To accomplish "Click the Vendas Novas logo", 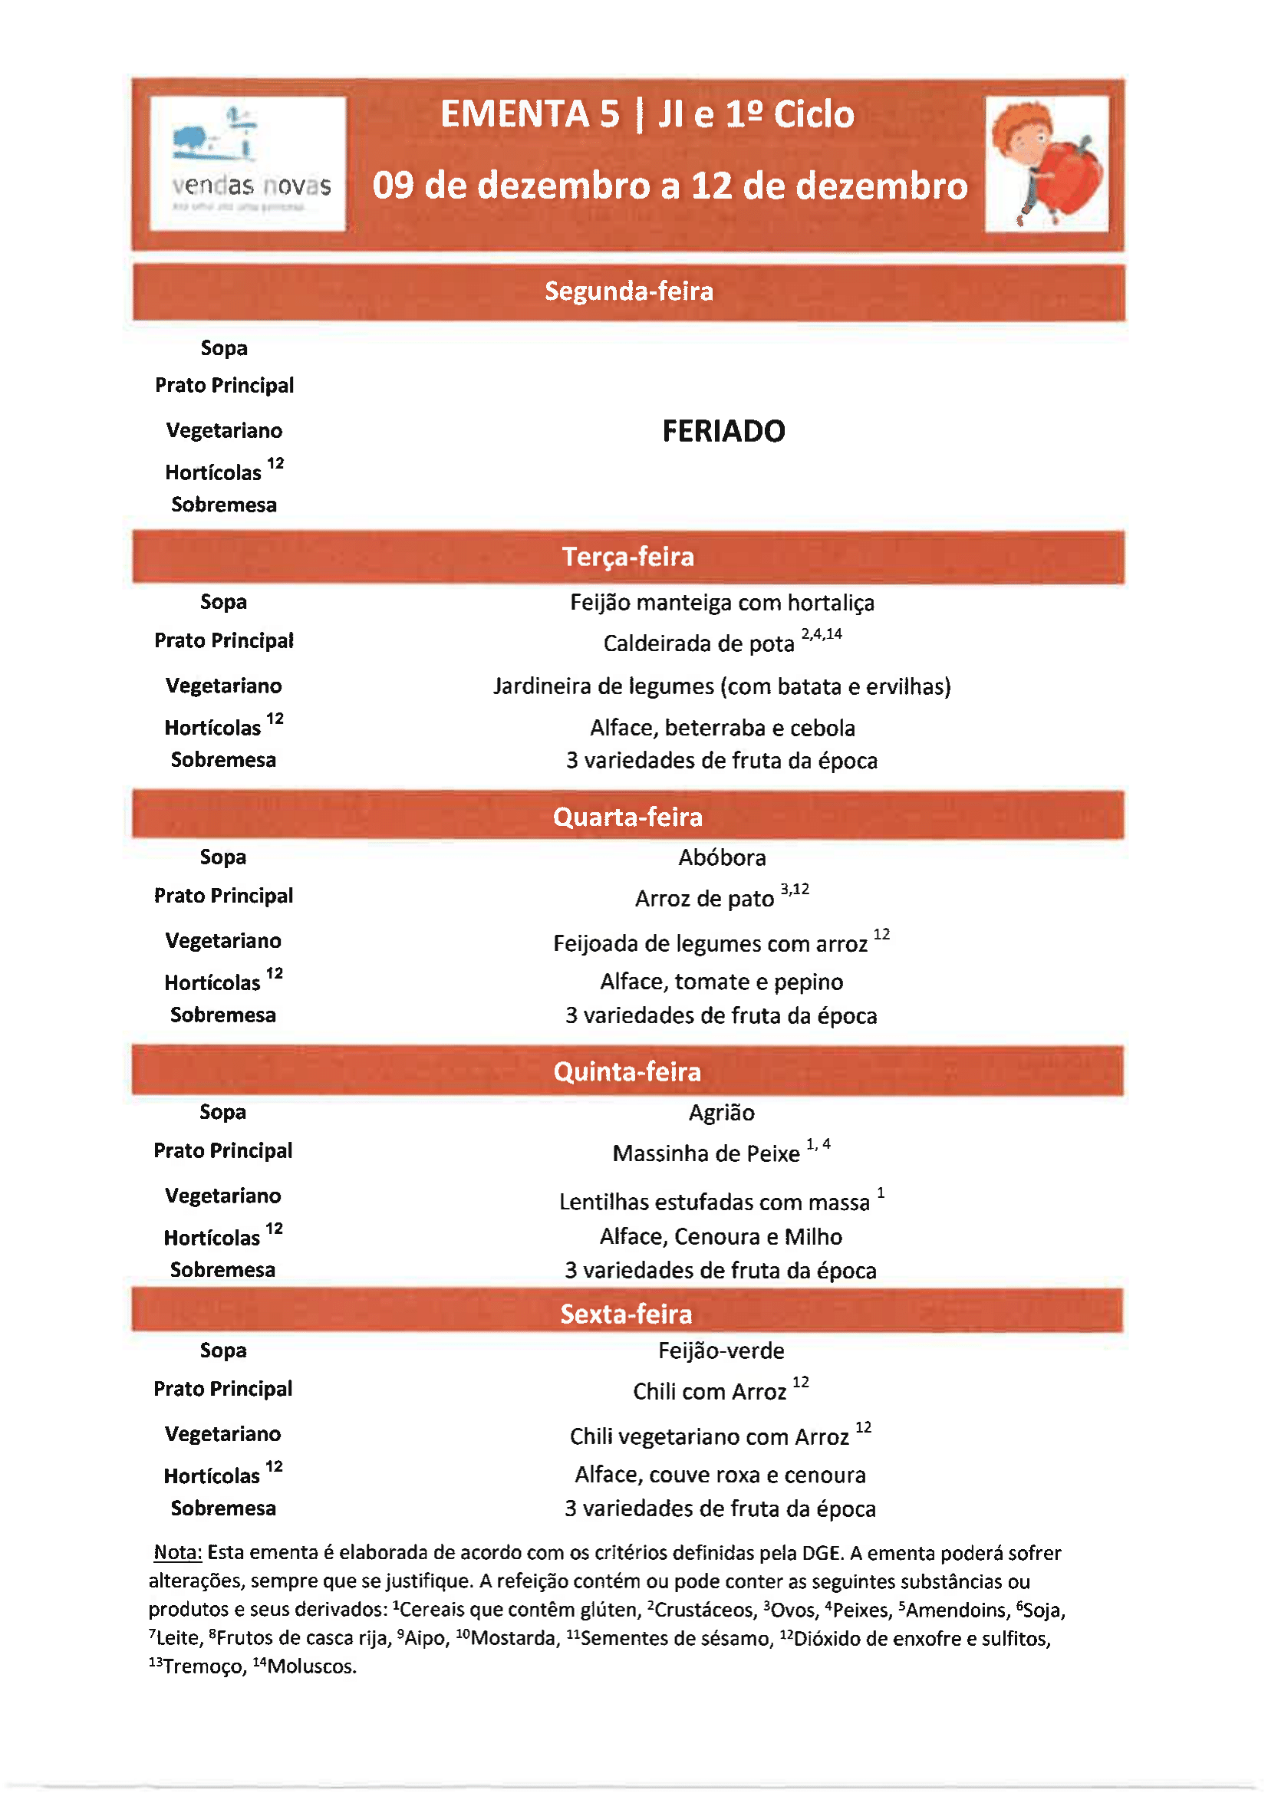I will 248,163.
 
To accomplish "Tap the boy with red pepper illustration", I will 1046,163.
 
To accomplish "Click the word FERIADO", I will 723,431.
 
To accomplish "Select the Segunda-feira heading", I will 628,291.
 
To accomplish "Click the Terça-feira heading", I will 628,557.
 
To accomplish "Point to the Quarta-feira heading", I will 628,817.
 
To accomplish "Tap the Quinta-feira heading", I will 627,1071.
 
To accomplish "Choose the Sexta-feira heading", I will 627,1314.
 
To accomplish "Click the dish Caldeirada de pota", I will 699,643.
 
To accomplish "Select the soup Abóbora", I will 722,857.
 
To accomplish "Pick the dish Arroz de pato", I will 704,899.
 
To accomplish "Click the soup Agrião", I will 721,1113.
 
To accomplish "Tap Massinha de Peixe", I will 706,1153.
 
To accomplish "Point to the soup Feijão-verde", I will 721,1351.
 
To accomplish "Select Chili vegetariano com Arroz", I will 709,1437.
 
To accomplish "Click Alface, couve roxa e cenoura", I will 720,1475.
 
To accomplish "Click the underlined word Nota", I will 177,1552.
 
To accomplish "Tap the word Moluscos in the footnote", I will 311,1666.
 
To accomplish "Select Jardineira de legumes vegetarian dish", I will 721,686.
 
